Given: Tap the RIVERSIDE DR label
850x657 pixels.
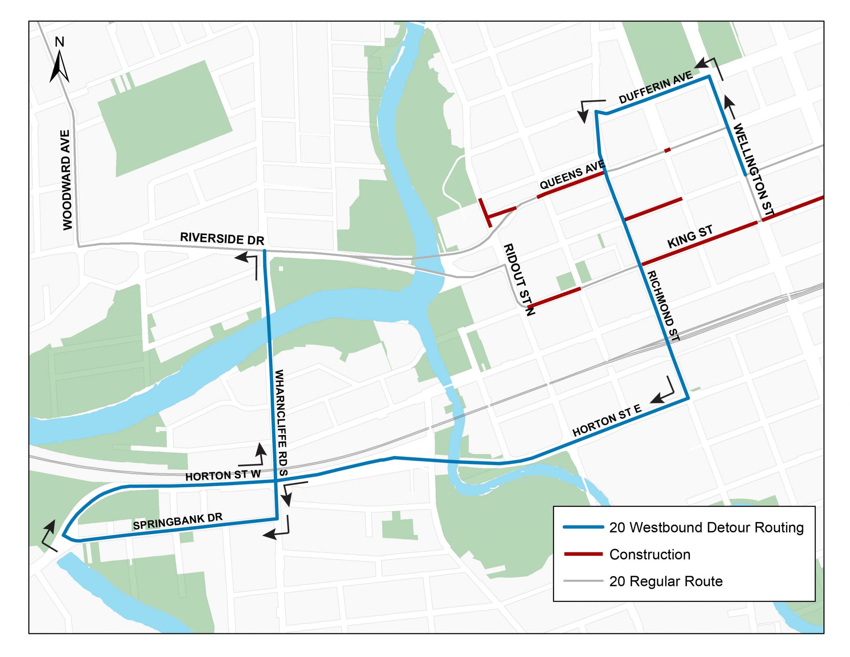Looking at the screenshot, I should coord(222,239).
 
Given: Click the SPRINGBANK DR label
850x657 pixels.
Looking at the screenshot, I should coord(178,522).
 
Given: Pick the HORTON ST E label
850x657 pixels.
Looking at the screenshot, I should coord(607,420).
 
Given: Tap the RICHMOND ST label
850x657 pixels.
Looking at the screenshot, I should coord(663,306).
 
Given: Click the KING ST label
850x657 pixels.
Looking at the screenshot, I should coord(690,237).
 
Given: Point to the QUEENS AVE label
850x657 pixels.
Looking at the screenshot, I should coord(572,175).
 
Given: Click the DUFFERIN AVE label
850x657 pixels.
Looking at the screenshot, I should coord(655,87).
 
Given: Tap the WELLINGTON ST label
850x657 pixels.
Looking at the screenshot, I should coord(754,169).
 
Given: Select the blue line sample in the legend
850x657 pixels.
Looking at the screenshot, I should coord(583,527).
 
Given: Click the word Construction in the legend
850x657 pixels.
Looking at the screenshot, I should coord(650,554).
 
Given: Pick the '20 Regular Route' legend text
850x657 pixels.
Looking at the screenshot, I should coord(666,581).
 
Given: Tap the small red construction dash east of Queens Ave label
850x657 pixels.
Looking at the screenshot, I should coord(667,150).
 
